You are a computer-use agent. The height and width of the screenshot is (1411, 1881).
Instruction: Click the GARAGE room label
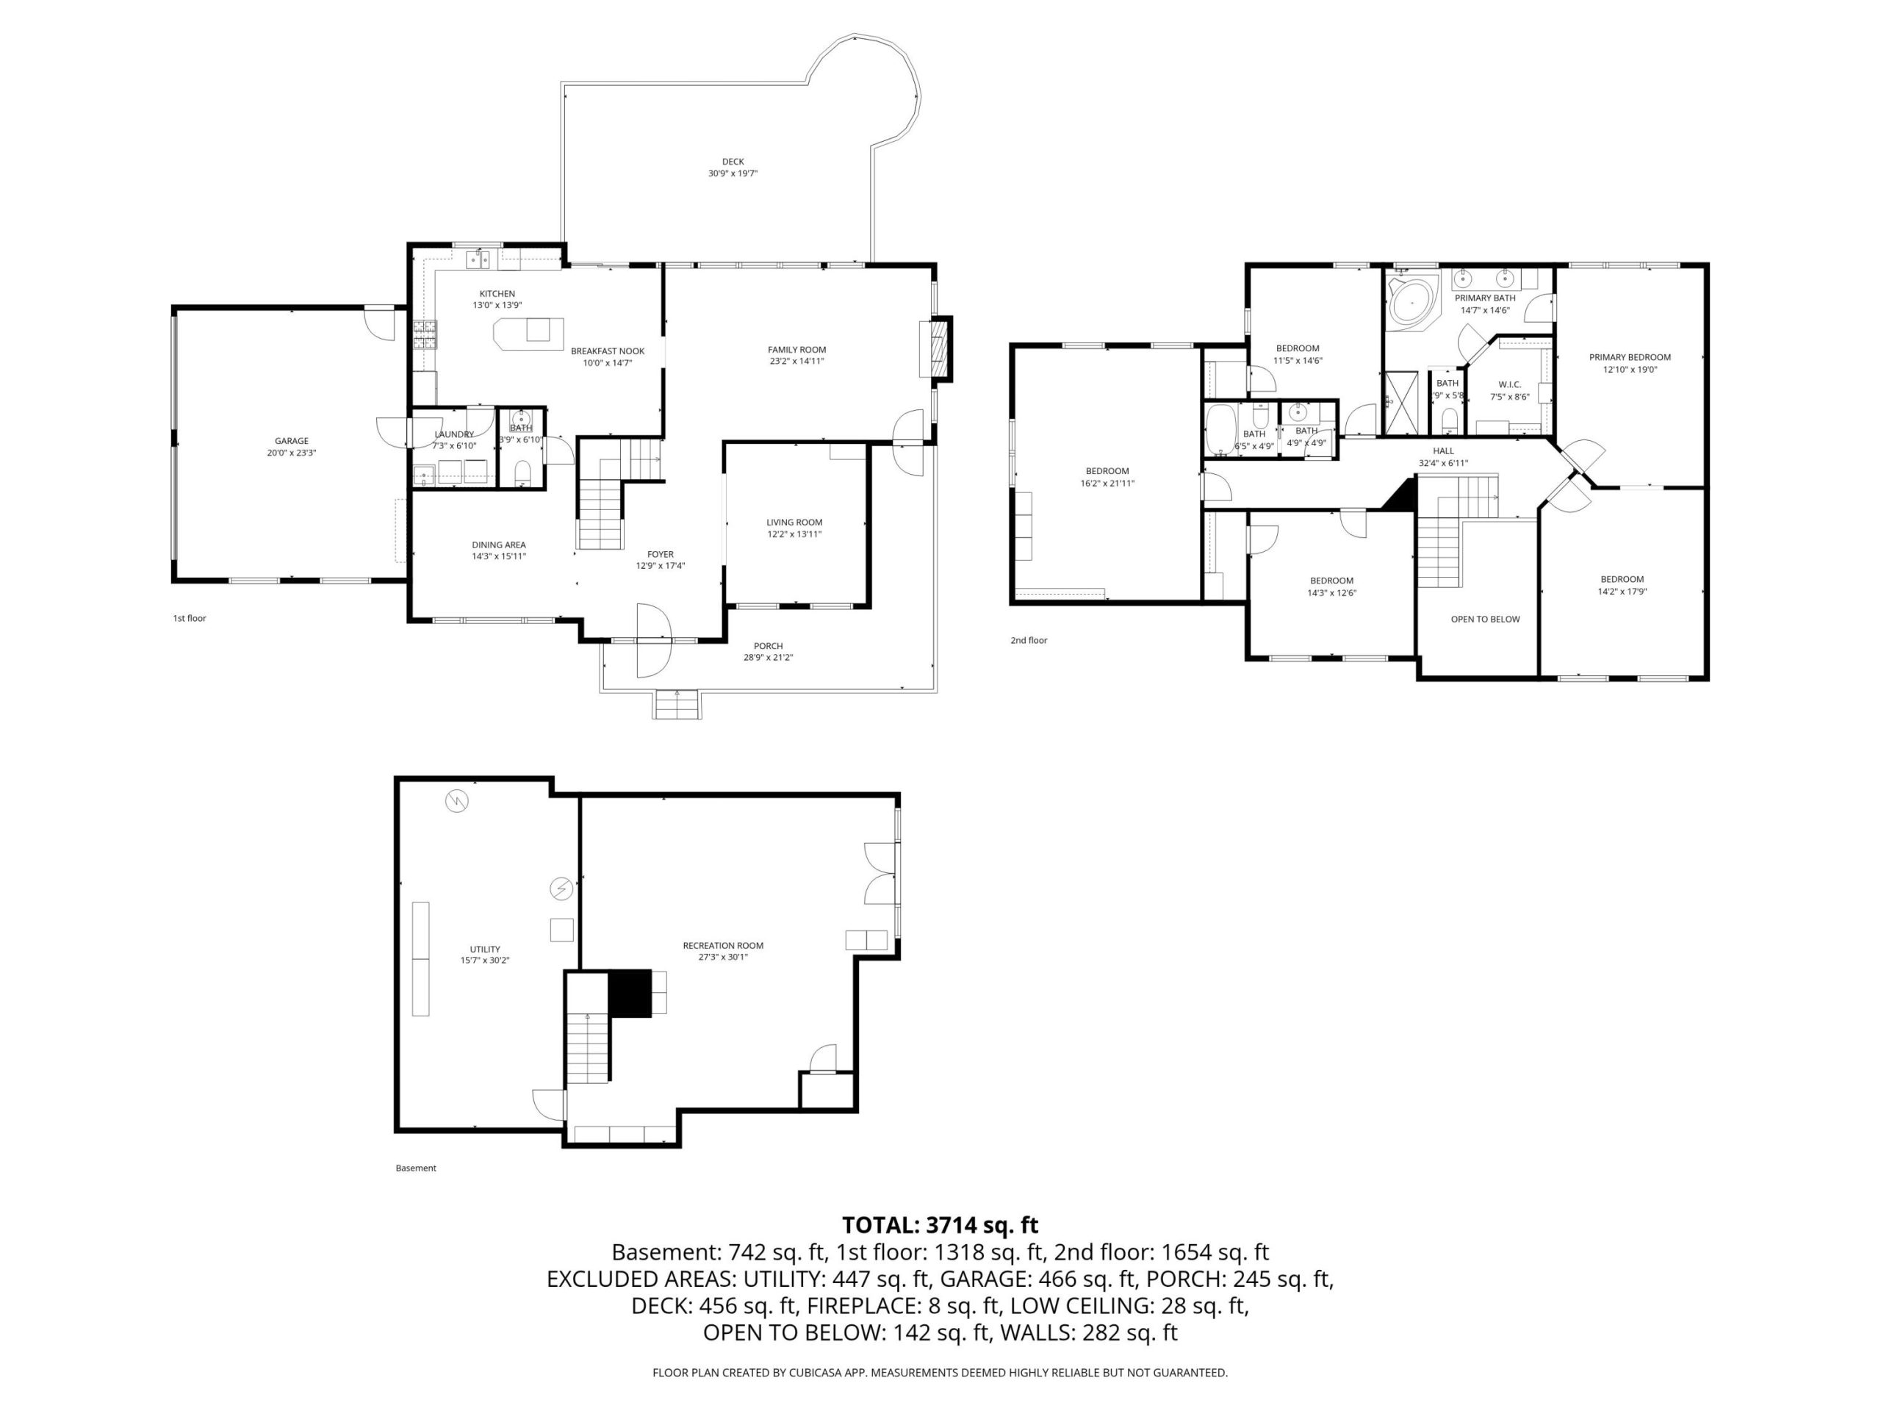tap(292, 440)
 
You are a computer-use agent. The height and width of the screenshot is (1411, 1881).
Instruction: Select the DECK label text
tap(733, 162)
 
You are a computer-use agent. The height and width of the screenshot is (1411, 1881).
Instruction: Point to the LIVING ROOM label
tap(794, 523)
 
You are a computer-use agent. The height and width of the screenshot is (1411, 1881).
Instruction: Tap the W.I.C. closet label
tap(1509, 384)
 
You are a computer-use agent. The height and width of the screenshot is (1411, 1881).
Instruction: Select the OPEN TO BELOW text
tap(1485, 620)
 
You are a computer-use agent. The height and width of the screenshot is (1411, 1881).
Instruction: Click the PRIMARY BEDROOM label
tap(1630, 357)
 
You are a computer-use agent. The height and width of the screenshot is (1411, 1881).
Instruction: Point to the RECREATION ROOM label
tap(723, 945)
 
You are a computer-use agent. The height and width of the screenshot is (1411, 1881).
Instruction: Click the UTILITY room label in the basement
tap(485, 949)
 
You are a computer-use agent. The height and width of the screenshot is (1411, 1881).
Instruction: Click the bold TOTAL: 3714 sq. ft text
tap(940, 1225)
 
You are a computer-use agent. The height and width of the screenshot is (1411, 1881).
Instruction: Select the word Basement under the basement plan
tap(416, 1168)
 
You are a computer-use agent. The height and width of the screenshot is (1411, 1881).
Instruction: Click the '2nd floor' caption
tap(1029, 640)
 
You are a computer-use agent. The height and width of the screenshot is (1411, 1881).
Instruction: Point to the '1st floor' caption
tap(190, 618)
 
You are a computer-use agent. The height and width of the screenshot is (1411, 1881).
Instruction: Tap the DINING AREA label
tap(498, 545)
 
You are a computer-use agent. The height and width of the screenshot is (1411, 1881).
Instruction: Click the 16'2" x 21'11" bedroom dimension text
tap(1107, 483)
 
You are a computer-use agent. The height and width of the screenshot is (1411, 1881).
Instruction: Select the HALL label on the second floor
tap(1443, 450)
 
